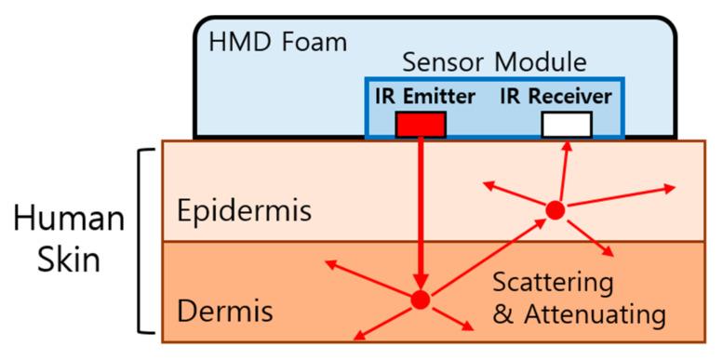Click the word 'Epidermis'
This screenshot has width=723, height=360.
click(244, 211)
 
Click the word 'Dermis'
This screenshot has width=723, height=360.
click(224, 310)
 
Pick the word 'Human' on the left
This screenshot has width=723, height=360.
click(68, 220)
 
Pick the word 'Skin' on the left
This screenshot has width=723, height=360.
click(68, 259)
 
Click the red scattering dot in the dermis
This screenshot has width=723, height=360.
click(420, 300)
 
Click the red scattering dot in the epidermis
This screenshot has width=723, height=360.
click(555, 210)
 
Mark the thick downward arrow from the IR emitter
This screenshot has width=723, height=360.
click(421, 214)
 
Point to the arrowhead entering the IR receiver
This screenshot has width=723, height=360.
click(568, 146)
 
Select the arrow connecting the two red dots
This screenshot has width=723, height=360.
click(488, 255)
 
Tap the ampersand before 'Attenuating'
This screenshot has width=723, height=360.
click(502, 315)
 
